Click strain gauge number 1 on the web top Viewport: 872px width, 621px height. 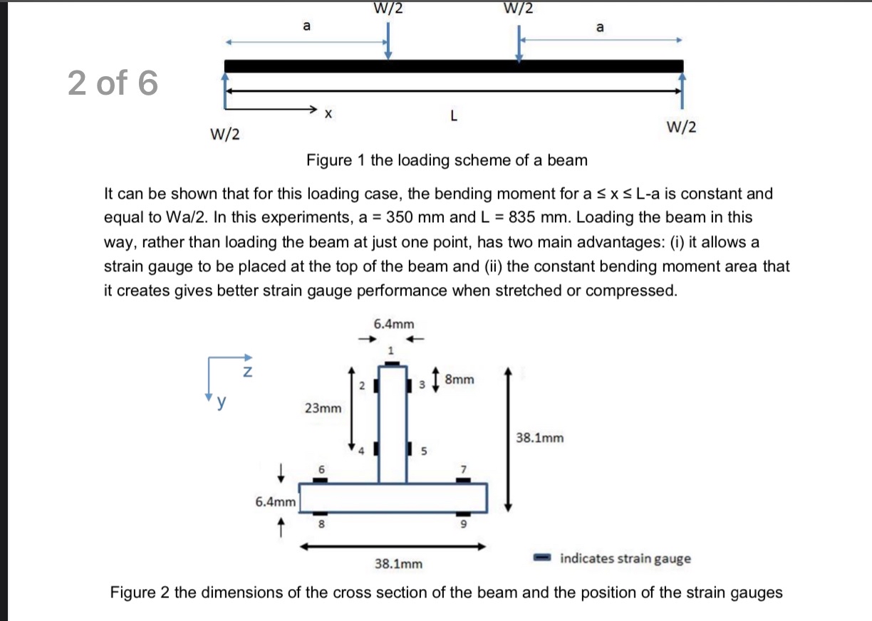[x=390, y=362]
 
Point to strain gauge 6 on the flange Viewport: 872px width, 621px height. [x=321, y=480]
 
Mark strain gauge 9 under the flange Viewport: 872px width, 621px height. [x=464, y=514]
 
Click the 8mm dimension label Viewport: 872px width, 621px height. [x=459, y=380]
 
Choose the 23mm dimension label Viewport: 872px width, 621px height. [x=323, y=408]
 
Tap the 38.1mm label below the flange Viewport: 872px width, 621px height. [x=398, y=564]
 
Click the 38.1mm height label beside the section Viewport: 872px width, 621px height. [x=539, y=438]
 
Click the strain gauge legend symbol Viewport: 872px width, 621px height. [x=544, y=558]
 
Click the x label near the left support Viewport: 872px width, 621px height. [x=328, y=113]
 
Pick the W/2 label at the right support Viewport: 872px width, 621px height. [x=681, y=127]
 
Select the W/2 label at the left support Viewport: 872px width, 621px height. [x=224, y=133]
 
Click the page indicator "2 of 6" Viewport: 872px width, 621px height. [x=113, y=83]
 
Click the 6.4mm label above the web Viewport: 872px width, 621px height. [x=393, y=324]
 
